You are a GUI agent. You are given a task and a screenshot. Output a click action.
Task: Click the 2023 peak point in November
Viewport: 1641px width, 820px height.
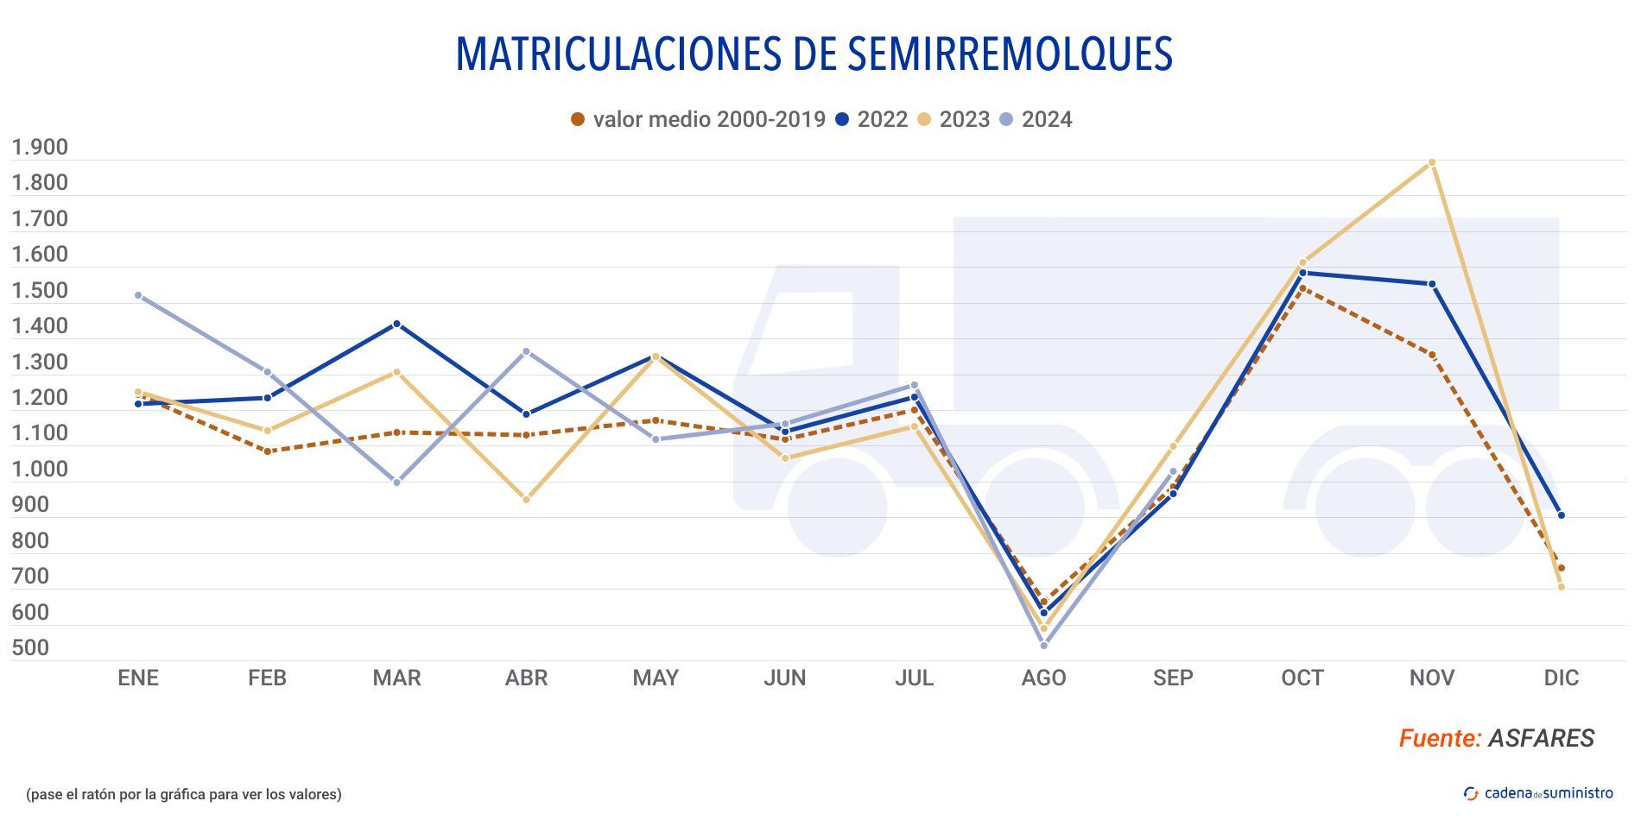click(1432, 162)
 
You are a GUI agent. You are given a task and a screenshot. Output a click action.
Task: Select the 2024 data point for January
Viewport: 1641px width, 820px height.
click(138, 295)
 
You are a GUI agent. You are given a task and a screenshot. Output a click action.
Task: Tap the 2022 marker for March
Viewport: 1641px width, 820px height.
click(397, 325)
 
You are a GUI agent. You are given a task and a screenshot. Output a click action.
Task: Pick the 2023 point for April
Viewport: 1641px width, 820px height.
click(526, 500)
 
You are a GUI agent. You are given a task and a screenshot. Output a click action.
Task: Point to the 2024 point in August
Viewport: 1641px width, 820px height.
click(1044, 646)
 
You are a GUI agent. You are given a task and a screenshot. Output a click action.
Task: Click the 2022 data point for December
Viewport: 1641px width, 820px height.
click(1562, 515)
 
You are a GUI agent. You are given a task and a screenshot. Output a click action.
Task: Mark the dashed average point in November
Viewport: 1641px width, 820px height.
click(1432, 355)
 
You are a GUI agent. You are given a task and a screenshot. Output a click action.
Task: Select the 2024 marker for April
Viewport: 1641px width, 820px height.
click(526, 352)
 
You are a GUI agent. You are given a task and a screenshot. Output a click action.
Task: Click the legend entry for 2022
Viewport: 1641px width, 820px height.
click(871, 119)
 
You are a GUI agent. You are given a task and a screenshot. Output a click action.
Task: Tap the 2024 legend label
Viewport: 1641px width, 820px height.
click(1036, 119)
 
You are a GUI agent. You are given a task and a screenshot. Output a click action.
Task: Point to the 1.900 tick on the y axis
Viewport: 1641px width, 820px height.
click(40, 148)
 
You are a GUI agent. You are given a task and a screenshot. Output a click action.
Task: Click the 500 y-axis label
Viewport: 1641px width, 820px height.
click(30, 648)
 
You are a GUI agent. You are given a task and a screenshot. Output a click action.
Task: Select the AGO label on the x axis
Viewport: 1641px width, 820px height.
click(1043, 678)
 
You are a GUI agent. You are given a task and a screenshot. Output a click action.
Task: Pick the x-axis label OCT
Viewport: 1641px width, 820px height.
click(1302, 678)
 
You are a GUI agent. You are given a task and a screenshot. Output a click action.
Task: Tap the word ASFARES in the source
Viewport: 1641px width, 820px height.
click(1541, 738)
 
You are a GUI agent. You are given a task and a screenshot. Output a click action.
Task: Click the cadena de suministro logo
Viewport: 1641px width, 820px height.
click(1538, 793)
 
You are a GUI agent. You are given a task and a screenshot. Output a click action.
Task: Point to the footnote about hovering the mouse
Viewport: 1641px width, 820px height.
click(184, 794)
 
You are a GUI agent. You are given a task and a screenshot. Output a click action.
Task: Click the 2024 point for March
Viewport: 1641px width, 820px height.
click(397, 483)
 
